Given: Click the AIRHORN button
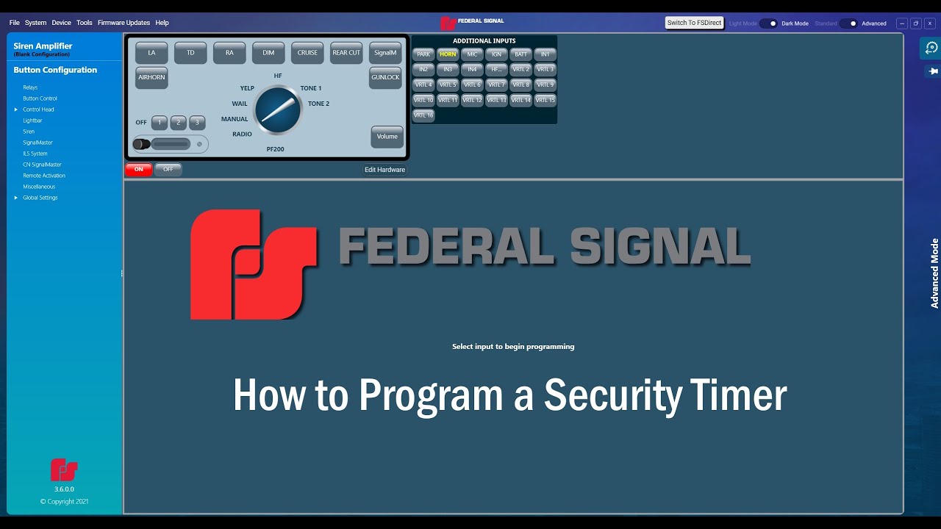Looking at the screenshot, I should pyautogui.click(x=151, y=77).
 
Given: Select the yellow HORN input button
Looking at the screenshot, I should pyautogui.click(x=448, y=54).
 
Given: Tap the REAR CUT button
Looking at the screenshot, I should pyautogui.click(x=346, y=53).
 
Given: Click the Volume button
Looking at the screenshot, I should pyautogui.click(x=387, y=137).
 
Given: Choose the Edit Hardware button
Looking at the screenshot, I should pyautogui.click(x=384, y=170).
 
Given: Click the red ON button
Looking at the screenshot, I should pyautogui.click(x=138, y=170).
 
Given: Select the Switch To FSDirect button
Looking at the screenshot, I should pyautogui.click(x=694, y=23).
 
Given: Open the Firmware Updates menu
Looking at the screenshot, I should pyautogui.click(x=124, y=23).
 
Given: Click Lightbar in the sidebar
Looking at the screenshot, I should pyautogui.click(x=32, y=120).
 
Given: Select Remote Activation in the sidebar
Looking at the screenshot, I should pyautogui.click(x=44, y=176).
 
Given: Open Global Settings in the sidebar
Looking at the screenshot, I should pyautogui.click(x=40, y=198).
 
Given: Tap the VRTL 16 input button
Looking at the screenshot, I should pyautogui.click(x=423, y=115).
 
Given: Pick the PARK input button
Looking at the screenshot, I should pyautogui.click(x=423, y=54).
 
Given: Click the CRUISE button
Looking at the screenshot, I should pyautogui.click(x=307, y=53).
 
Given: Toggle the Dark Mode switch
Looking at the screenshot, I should pyautogui.click(x=768, y=24).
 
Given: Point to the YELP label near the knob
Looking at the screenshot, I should pyautogui.click(x=247, y=88).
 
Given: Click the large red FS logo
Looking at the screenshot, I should pyautogui.click(x=252, y=264).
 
